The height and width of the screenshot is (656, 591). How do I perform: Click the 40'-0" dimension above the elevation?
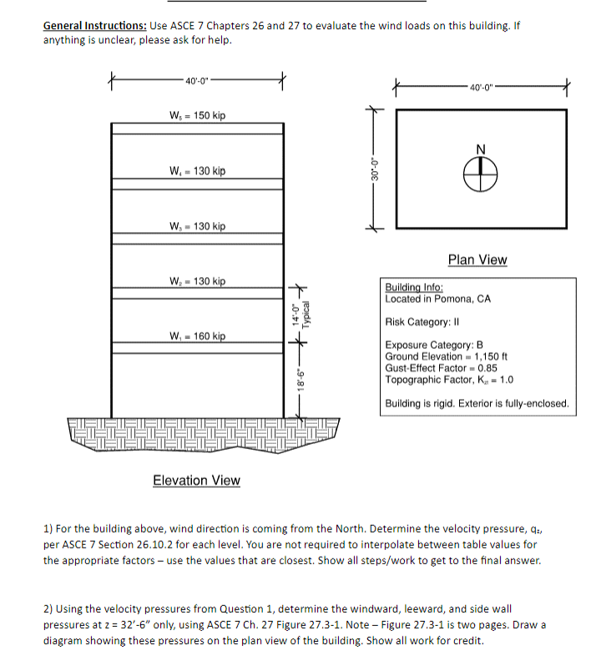point(199,81)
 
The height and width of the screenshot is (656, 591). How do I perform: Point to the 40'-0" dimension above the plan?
point(482,88)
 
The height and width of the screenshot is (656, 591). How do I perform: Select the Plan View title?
point(477,260)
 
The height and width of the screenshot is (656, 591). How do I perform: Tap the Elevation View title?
point(196,480)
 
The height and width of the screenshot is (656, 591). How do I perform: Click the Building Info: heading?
point(414,287)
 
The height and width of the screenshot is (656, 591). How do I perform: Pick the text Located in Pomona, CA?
point(437,299)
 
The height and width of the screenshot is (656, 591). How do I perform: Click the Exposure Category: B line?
point(434,345)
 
